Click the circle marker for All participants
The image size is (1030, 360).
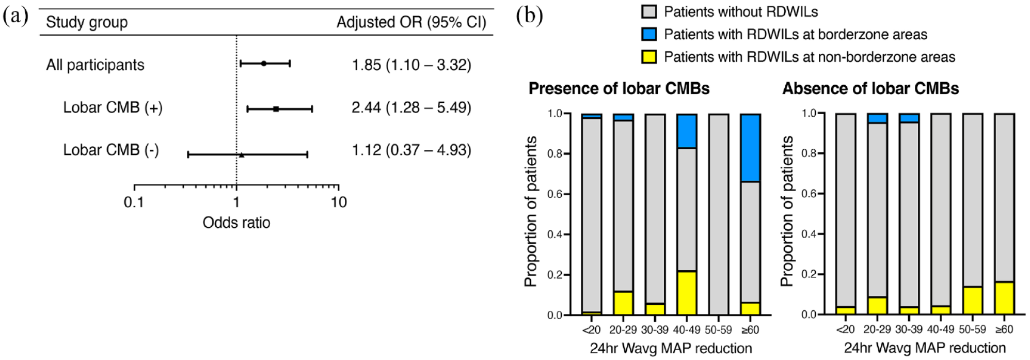[264, 64]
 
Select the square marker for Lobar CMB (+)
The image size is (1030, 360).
[276, 109]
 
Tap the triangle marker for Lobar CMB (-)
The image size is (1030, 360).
[241, 154]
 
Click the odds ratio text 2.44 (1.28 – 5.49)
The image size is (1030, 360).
[411, 107]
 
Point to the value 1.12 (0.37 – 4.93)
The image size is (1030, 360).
[411, 150]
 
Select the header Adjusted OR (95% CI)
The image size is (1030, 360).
[411, 22]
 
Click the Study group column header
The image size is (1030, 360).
[87, 22]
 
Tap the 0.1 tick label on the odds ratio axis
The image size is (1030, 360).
[134, 202]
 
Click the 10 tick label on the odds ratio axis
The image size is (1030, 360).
[339, 202]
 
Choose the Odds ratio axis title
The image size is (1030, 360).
[236, 223]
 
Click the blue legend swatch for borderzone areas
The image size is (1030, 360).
[649, 34]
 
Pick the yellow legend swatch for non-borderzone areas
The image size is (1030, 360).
[649, 57]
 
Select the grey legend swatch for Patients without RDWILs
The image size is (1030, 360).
[649, 11]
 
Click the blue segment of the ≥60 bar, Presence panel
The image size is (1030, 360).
[750, 148]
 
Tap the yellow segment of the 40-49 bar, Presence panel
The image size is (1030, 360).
[687, 293]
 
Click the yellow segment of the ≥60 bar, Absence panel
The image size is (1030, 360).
[1004, 298]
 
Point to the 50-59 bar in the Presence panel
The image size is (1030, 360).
[719, 214]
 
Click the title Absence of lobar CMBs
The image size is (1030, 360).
[870, 89]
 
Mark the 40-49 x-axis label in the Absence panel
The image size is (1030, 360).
[941, 329]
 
